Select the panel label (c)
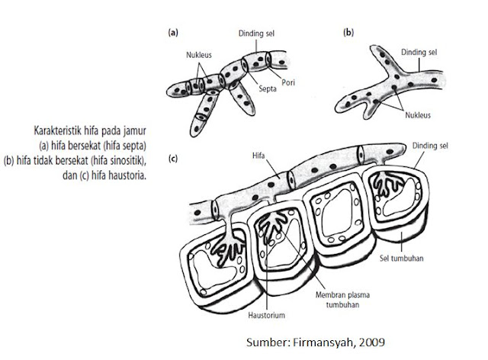(173, 159)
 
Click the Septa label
(266, 87)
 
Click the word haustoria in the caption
(127, 174)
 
